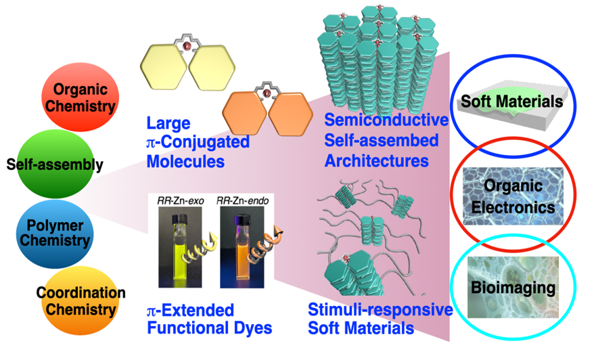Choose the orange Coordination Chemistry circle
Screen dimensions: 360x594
[x=82, y=301]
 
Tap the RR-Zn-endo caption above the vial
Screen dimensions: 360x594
[x=238, y=200]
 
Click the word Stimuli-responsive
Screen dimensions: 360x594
[x=380, y=311]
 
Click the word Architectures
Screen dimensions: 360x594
[x=376, y=162]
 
